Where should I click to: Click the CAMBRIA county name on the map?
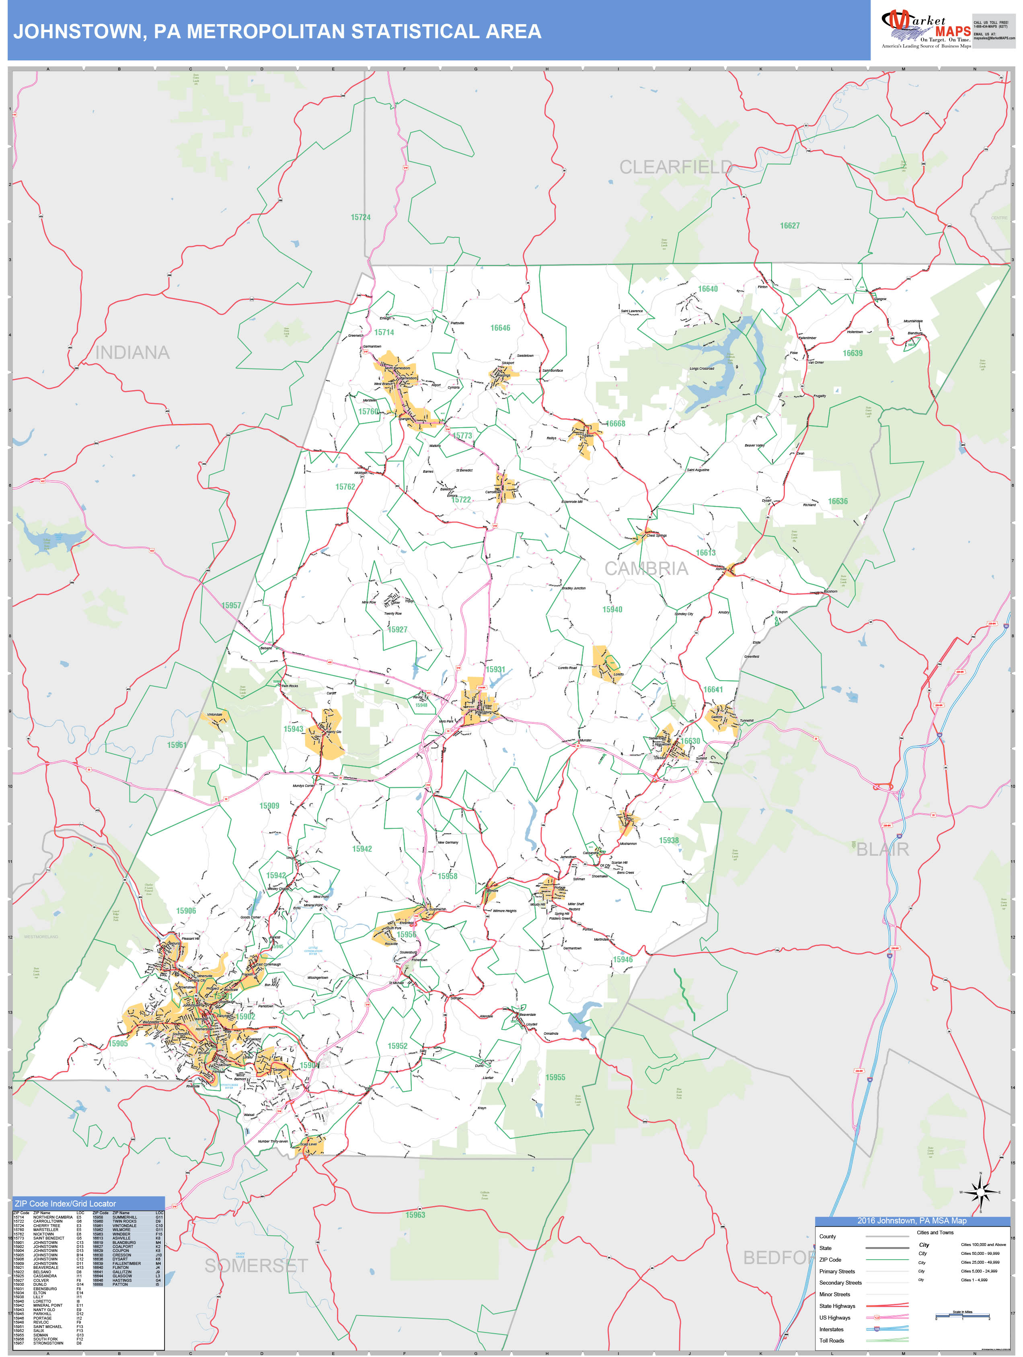[647, 569]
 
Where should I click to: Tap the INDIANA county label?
[132, 353]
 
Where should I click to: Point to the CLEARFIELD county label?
[675, 167]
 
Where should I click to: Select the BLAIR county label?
[883, 850]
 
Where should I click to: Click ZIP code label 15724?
[361, 217]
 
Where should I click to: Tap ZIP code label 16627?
[790, 226]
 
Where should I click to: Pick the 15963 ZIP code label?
[415, 1215]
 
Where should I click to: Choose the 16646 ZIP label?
[500, 327]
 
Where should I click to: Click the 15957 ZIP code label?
[231, 605]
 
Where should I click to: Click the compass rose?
[980, 1192]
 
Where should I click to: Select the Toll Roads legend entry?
[832, 1341]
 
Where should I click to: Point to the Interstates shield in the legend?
[877, 1329]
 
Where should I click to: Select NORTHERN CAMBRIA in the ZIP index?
[53, 1217]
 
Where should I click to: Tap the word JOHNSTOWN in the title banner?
[80, 31]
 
